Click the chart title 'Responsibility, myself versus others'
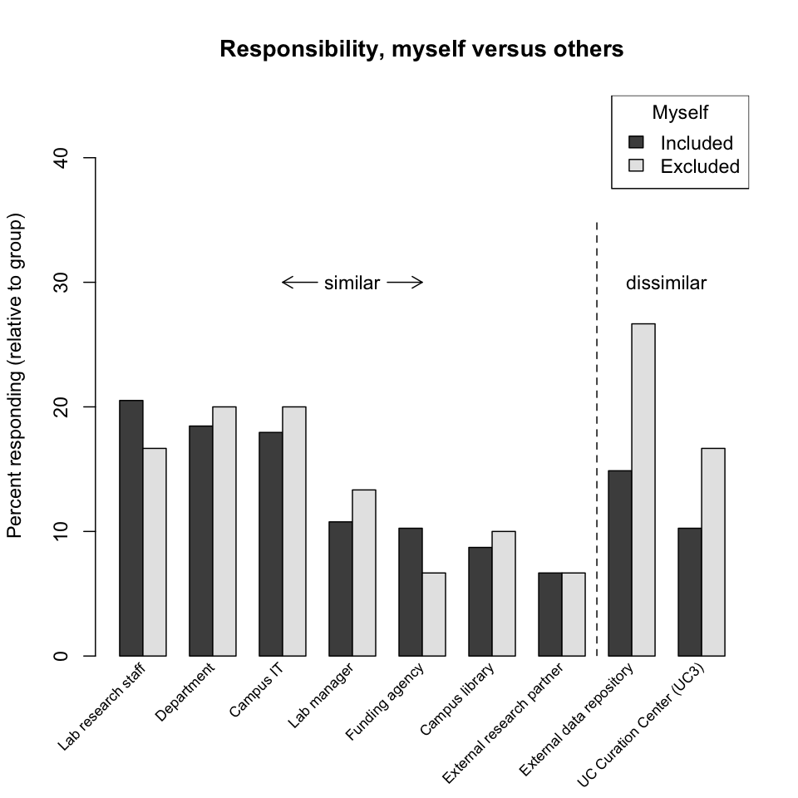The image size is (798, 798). pos(421,50)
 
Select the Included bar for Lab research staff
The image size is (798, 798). pos(131,528)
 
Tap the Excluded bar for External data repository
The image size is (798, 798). pos(643,490)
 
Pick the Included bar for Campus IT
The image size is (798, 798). pos(271,544)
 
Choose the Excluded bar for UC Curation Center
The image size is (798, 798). pos(713,552)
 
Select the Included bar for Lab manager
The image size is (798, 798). pos(341,589)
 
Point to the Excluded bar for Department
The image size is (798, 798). pos(224,531)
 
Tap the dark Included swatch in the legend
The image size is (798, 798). pos(638,142)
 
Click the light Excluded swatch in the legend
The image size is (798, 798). pos(638,166)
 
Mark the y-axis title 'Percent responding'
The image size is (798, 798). pos(15,376)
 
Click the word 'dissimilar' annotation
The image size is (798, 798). pos(666,283)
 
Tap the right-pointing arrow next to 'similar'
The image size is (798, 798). pos(406,283)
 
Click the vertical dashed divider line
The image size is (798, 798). pos(597,432)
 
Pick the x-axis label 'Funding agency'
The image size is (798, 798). pos(384,699)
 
